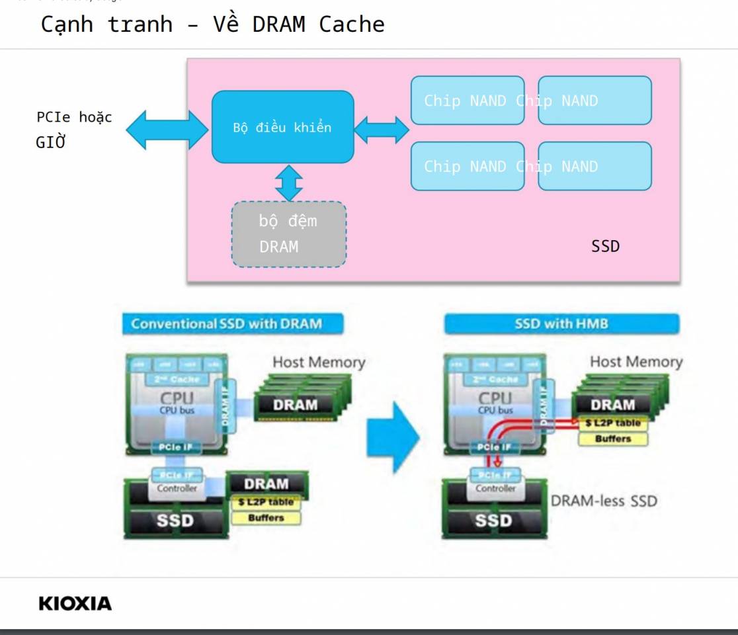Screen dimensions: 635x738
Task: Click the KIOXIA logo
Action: coord(75,603)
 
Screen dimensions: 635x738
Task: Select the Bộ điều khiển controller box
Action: coord(282,127)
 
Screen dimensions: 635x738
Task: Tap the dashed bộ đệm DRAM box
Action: coord(288,234)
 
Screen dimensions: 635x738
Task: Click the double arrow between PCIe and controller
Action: coord(167,130)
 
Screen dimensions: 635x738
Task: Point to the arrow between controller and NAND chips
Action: coord(382,129)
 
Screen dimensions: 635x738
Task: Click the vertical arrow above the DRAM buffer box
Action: coord(289,182)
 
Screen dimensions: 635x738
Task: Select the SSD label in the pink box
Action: coord(605,246)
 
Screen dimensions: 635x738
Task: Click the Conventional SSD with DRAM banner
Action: coord(227,323)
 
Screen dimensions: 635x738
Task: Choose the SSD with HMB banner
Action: coord(561,324)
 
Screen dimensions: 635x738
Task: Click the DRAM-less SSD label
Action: coord(604,501)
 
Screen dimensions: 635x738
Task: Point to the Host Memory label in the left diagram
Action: coord(319,362)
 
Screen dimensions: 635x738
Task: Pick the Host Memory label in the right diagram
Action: coord(635,362)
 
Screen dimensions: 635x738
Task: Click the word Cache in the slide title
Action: coord(352,24)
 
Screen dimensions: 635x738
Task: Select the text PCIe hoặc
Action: coord(74,118)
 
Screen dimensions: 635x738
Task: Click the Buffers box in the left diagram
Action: coord(266,518)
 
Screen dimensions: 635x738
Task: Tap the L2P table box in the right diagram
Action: coord(613,423)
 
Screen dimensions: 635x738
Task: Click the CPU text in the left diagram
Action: coord(177,398)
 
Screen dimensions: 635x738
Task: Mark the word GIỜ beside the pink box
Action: coord(51,143)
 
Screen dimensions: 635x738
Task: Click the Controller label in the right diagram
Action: coord(495,488)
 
